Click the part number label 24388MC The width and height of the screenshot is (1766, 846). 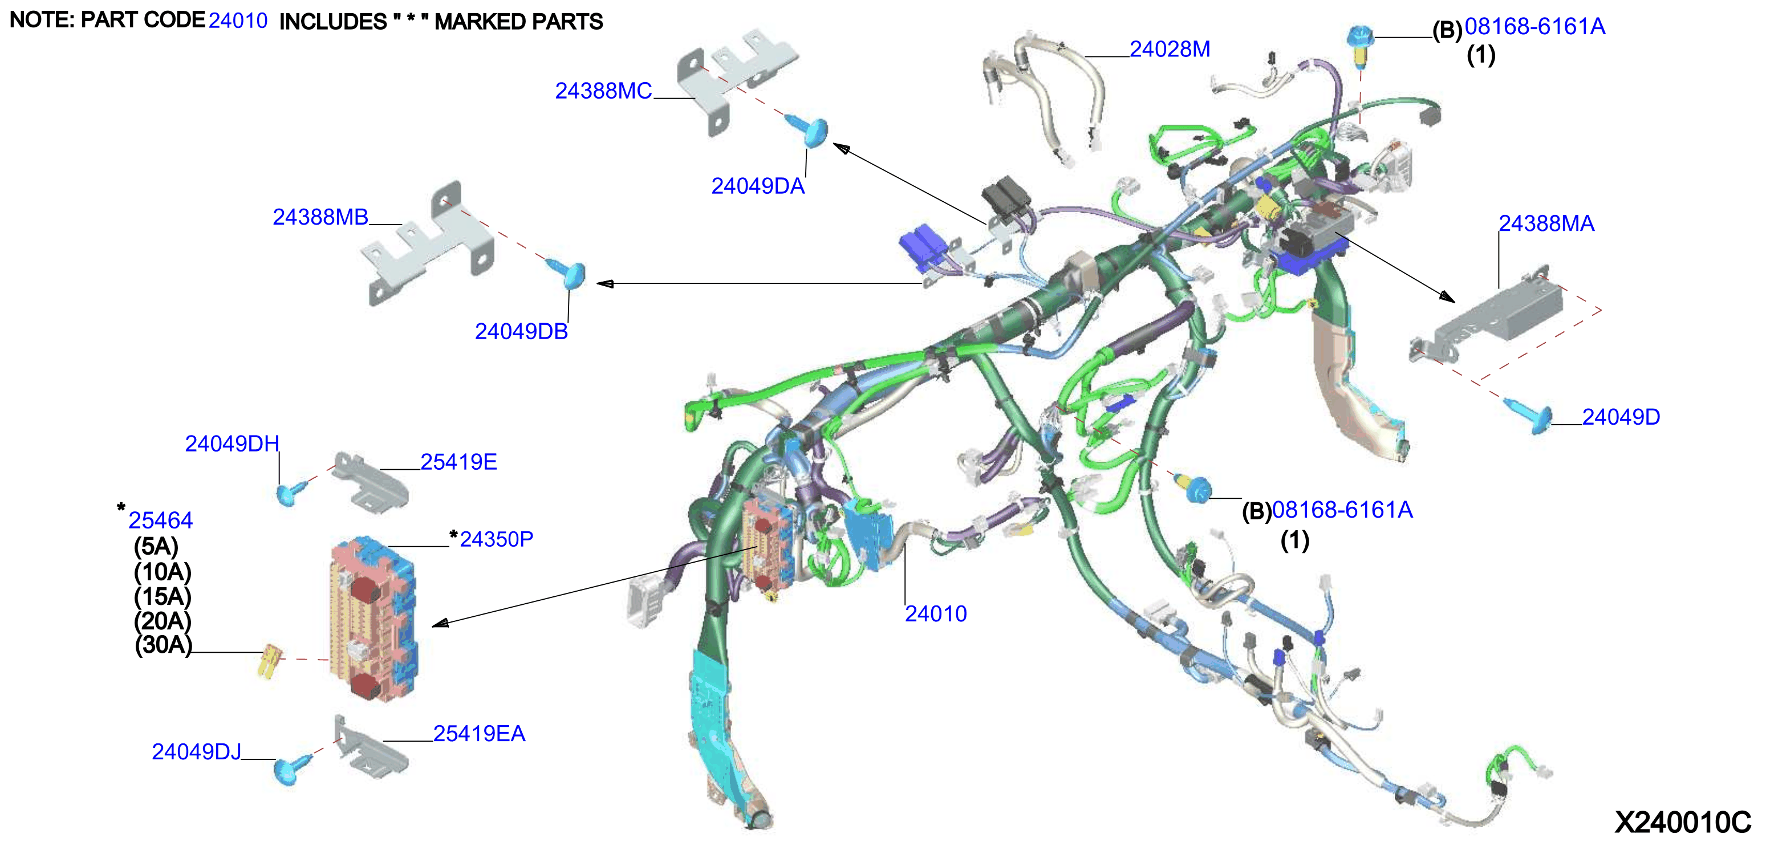click(603, 91)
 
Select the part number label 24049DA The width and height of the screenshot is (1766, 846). click(757, 186)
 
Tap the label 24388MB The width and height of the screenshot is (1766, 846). click(320, 217)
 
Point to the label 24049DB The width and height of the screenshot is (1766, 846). click(521, 332)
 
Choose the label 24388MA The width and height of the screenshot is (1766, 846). click(1546, 223)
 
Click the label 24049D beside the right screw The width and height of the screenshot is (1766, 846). click(1621, 417)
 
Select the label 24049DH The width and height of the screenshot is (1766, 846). click(232, 444)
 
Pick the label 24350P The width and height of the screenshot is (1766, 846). click(496, 539)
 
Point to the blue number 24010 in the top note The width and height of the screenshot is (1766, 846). click(238, 21)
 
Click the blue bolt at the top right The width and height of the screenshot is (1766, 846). click(1359, 44)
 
